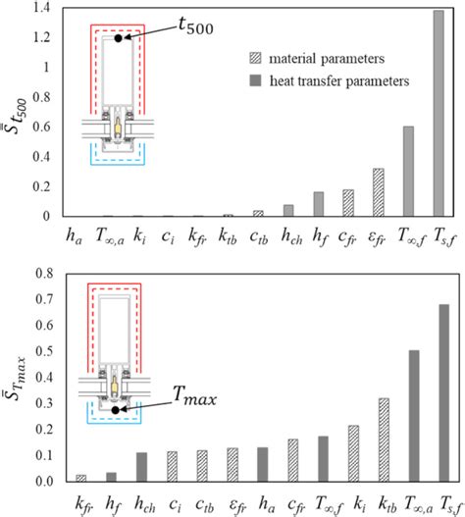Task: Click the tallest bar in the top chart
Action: click(x=439, y=114)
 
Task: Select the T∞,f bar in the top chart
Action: click(x=408, y=172)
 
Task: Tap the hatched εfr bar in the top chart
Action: click(x=379, y=192)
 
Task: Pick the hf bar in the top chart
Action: click(x=319, y=204)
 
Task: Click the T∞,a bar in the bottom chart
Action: click(x=414, y=416)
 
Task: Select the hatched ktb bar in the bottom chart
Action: click(x=384, y=440)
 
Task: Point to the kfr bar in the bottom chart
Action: click(x=81, y=479)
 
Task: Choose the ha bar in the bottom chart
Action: click(x=263, y=465)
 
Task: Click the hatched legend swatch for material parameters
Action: click(x=256, y=58)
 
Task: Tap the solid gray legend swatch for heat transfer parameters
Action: click(x=256, y=80)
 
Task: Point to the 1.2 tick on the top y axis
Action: click(x=41, y=37)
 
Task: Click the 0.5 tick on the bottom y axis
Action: click(x=44, y=351)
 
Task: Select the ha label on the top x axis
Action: click(x=74, y=236)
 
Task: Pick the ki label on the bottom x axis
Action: click(x=359, y=504)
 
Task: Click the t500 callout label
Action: click(x=196, y=26)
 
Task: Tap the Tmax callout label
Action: click(x=194, y=395)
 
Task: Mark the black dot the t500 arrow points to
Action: click(x=119, y=38)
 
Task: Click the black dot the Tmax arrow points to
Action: click(x=115, y=410)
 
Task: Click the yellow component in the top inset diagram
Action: click(x=118, y=128)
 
